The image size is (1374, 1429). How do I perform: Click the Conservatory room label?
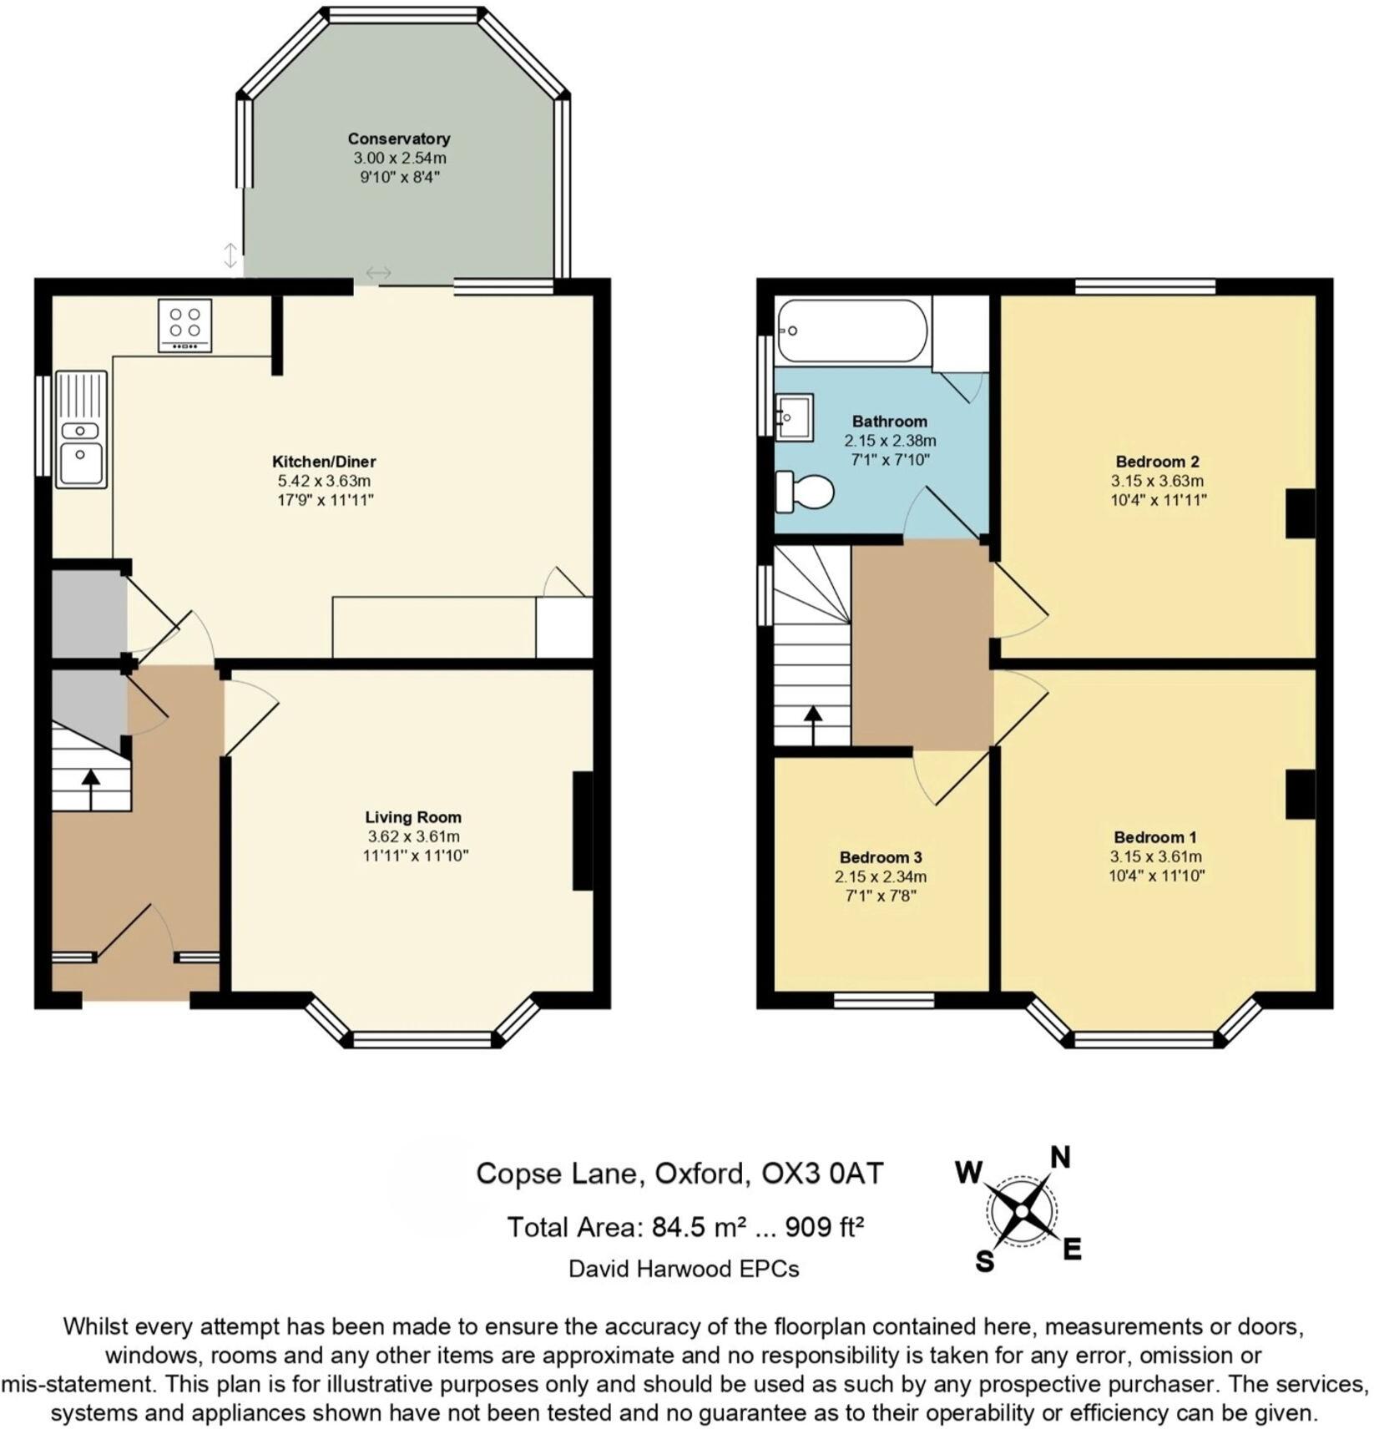398,139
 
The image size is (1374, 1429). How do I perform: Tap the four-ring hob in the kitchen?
184,326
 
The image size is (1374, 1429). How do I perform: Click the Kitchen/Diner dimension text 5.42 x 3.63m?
324,481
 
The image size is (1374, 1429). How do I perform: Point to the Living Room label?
412,817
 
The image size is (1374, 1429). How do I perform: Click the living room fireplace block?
583,831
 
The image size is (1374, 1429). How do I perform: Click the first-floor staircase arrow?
812,724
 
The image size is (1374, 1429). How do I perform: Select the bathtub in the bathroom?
851,331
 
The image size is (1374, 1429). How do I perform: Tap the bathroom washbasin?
793,417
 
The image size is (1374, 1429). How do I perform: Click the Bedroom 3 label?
881,857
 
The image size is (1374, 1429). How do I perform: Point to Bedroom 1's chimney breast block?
1300,794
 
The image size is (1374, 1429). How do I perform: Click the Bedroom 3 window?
883,1000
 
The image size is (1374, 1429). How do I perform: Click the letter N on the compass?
1059,1157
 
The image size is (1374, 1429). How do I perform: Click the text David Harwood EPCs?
684,1269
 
